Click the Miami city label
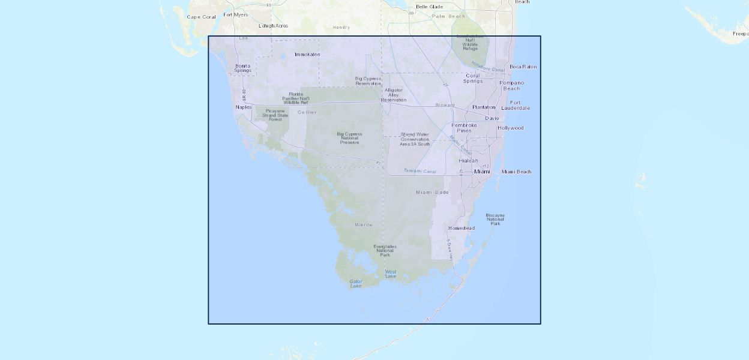click(x=482, y=172)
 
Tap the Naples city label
click(x=244, y=107)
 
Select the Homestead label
click(x=461, y=228)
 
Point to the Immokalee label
click(x=307, y=55)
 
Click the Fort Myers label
click(x=235, y=14)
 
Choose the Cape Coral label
click(x=201, y=17)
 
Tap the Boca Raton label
click(x=523, y=67)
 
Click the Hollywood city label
click(x=510, y=128)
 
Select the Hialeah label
click(x=468, y=161)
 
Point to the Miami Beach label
click(x=516, y=172)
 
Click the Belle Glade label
click(x=429, y=7)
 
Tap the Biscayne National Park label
click(x=495, y=218)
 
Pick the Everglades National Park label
click(x=385, y=250)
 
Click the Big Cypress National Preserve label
click(x=349, y=138)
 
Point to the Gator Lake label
click(x=356, y=283)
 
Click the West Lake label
click(x=391, y=274)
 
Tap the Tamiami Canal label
click(x=420, y=171)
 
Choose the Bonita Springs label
click(x=242, y=68)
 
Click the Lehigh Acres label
click(x=273, y=26)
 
